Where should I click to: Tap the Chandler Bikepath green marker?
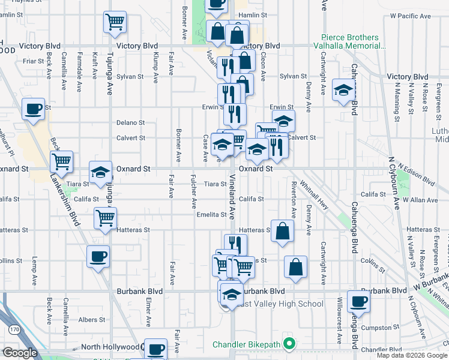click(x=289, y=344)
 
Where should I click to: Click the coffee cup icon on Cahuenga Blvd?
click(x=358, y=302)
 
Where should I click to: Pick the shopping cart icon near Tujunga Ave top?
click(x=115, y=23)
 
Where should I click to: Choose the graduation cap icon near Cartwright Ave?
click(x=343, y=91)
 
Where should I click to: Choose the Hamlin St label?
click(x=251, y=16)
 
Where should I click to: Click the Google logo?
click(x=20, y=353)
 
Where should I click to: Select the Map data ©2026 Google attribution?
click(x=412, y=355)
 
